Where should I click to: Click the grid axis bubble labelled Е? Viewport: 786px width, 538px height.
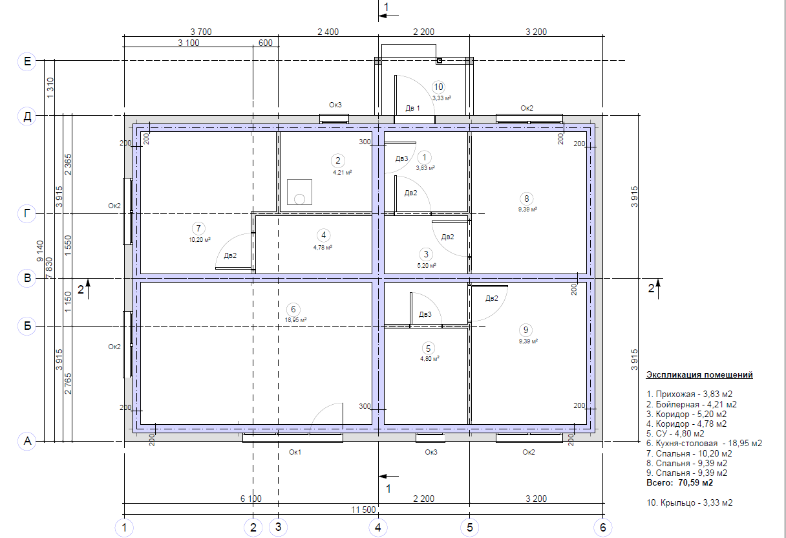pyautogui.click(x=27, y=61)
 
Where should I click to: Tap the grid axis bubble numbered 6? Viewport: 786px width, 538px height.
pyautogui.click(x=603, y=527)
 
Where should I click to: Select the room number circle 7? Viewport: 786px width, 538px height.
pyautogui.click(x=198, y=228)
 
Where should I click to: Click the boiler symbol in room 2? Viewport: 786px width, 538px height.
pyautogui.click(x=299, y=192)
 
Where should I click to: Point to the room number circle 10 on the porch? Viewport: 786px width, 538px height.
pyautogui.click(x=439, y=87)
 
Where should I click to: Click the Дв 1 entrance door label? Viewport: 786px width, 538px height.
pyautogui.click(x=412, y=108)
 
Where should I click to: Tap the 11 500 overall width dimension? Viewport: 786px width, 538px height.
pyautogui.click(x=363, y=510)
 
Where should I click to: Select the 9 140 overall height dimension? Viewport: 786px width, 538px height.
pyautogui.click(x=40, y=252)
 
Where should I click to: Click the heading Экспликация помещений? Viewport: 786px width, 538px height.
pyautogui.click(x=699, y=375)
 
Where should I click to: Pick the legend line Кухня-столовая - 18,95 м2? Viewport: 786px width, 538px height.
pyautogui.click(x=705, y=443)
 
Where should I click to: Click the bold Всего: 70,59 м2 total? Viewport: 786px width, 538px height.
pyautogui.click(x=680, y=482)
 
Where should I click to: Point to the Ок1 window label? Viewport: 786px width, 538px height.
pyautogui.click(x=295, y=452)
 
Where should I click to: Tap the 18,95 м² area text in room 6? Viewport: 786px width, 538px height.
pyautogui.click(x=295, y=319)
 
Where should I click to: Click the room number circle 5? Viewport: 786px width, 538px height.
pyautogui.click(x=428, y=349)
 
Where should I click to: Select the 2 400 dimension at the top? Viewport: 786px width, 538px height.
pyautogui.click(x=328, y=32)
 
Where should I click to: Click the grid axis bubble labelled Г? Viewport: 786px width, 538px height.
pyautogui.click(x=27, y=213)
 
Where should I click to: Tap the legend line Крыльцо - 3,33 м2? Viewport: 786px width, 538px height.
pyautogui.click(x=690, y=502)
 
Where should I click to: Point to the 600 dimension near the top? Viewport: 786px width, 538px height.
pyautogui.click(x=265, y=43)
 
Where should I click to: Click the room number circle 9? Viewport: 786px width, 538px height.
pyautogui.click(x=526, y=330)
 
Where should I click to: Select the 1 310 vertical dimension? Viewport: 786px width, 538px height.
pyautogui.click(x=50, y=88)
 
